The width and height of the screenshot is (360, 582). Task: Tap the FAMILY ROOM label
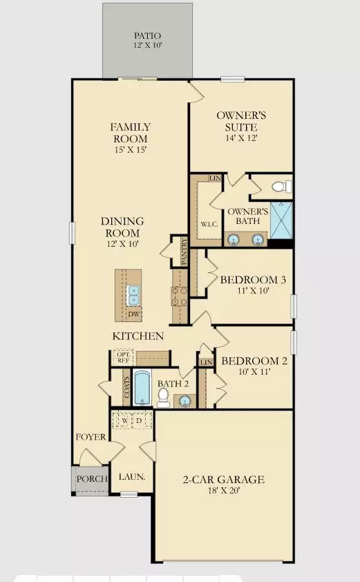click(x=131, y=132)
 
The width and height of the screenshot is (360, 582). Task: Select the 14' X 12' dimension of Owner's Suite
click(x=237, y=138)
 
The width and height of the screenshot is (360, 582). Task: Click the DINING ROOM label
click(x=122, y=227)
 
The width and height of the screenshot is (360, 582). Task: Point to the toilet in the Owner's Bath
click(x=281, y=186)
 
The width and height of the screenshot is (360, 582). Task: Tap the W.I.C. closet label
click(x=209, y=225)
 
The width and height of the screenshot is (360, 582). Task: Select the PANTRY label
click(x=184, y=252)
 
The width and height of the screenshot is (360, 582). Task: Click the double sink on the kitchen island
click(x=133, y=295)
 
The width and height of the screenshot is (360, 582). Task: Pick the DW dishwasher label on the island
click(x=133, y=314)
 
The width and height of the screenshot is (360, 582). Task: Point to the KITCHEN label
click(x=139, y=336)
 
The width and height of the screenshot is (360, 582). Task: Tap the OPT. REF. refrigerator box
click(x=123, y=357)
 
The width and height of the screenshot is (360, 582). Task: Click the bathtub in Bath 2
click(x=142, y=389)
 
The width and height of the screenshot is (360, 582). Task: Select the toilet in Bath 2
click(x=164, y=395)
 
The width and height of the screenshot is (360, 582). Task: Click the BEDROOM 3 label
click(x=253, y=280)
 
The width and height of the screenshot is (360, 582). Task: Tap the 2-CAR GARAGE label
click(x=223, y=480)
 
